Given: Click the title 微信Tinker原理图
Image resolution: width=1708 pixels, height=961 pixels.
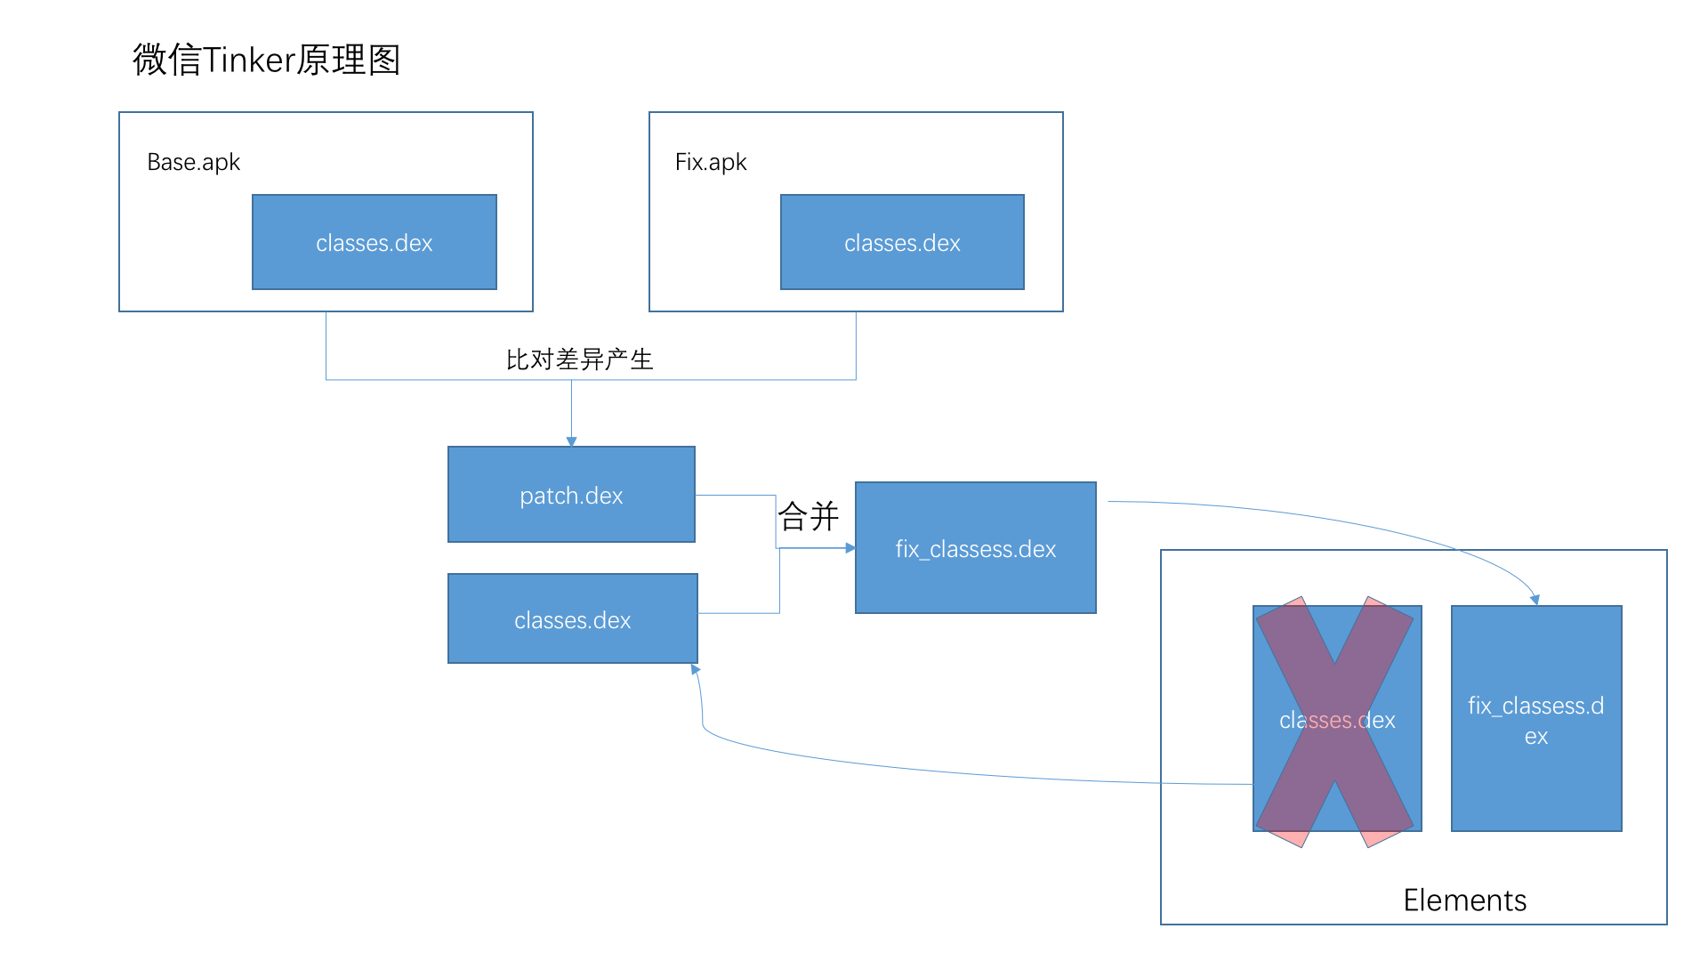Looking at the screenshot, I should pyautogui.click(x=266, y=61).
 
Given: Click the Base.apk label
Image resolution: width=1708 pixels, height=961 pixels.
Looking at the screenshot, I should pyautogui.click(x=193, y=162).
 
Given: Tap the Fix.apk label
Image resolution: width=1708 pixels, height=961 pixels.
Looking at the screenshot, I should pyautogui.click(x=710, y=162).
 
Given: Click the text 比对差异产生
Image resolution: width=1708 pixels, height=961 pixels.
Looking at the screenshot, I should pyautogui.click(x=579, y=359).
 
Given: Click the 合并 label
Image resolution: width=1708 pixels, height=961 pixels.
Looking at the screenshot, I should pyautogui.click(x=808, y=516).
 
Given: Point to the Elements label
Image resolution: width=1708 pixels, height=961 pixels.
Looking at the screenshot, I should pyautogui.click(x=1464, y=900).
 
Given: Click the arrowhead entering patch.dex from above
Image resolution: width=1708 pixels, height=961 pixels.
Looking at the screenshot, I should pyautogui.click(x=571, y=441).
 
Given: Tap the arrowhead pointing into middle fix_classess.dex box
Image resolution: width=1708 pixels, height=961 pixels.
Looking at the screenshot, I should pyautogui.click(x=850, y=548).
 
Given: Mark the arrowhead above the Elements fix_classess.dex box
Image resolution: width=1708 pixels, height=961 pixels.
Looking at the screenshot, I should pyautogui.click(x=1535, y=601).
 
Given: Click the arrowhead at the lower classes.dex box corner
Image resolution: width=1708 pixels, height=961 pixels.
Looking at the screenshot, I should pyautogui.click(x=695, y=669).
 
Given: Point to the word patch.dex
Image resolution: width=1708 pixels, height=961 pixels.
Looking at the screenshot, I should pyautogui.click(x=571, y=496).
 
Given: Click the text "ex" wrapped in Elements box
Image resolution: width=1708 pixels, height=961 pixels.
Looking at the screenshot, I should pyautogui.click(x=1536, y=737).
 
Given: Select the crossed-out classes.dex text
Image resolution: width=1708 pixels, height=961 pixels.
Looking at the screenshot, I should pyautogui.click(x=1337, y=720).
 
